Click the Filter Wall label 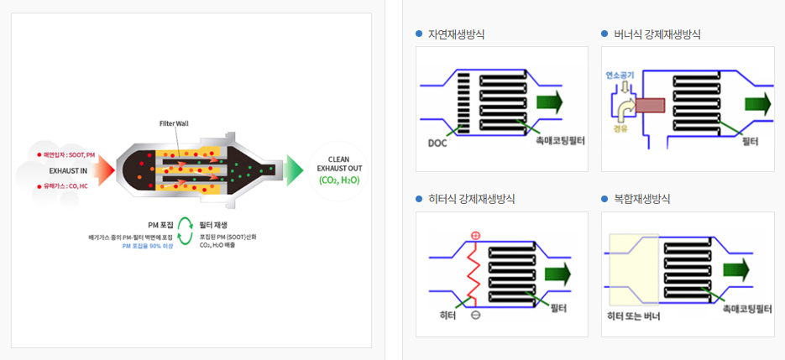point(174,123)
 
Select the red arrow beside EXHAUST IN point(103,170)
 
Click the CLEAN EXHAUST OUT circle point(338,170)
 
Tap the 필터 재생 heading point(213,225)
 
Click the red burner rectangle point(650,106)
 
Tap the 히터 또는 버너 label point(633,317)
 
